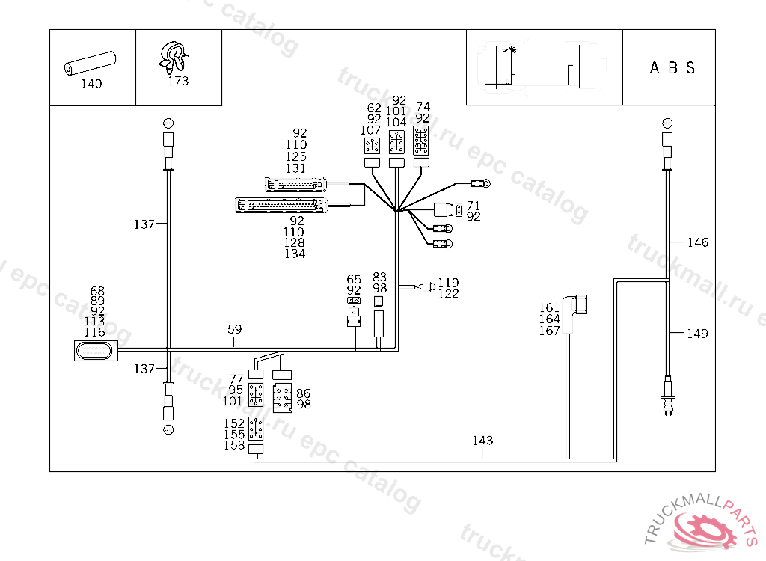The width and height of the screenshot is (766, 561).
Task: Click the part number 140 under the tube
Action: pos(91,84)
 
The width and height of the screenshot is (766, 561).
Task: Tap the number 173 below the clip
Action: pos(178,81)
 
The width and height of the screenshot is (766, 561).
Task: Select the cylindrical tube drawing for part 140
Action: pos(90,63)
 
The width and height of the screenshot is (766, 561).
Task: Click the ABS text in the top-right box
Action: pos(672,68)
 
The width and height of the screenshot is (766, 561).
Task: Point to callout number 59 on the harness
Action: pos(235,328)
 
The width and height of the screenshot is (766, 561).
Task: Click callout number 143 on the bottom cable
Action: pos(482,441)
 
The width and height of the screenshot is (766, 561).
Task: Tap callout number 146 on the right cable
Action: pos(697,242)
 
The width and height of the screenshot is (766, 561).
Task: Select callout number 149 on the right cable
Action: pos(697,334)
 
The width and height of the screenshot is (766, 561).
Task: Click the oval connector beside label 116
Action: pos(96,350)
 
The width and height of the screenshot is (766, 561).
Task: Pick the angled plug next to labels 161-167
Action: pos(577,308)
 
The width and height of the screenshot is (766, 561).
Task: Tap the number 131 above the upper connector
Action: pos(295,168)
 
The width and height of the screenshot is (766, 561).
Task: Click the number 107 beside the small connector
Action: pos(370,130)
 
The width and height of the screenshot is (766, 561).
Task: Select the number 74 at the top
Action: pos(423,107)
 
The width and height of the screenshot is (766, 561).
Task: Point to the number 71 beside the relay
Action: pos(474,205)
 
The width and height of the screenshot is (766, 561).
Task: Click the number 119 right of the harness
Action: pos(448,283)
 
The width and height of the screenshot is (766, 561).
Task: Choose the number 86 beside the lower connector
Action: pos(304,393)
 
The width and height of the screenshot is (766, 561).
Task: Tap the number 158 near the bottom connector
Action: pos(234,445)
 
